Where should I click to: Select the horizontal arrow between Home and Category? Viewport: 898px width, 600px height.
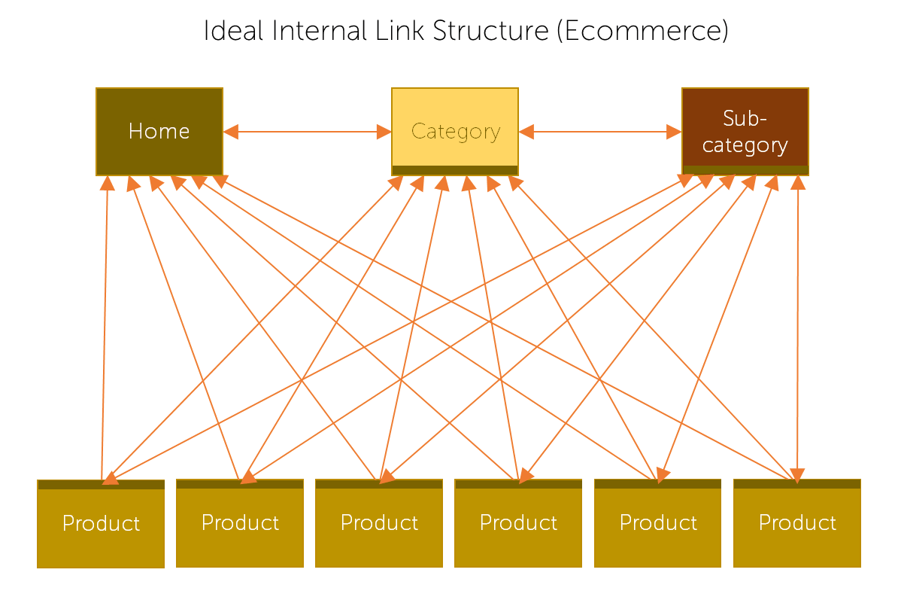pos(307,132)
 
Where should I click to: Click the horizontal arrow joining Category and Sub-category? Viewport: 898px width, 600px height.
pos(599,132)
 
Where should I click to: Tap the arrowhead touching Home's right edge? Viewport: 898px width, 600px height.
pos(231,132)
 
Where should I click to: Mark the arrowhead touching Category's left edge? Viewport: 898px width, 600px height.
pos(384,132)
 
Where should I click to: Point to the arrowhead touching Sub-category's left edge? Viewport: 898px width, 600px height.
pos(674,132)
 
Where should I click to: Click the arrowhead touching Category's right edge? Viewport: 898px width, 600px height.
pos(526,132)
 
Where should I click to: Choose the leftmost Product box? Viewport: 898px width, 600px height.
pos(101,524)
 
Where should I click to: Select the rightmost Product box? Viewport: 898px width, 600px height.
pos(797,523)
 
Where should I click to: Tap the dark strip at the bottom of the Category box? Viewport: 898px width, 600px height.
pos(455,170)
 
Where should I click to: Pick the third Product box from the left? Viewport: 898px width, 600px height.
pos(379,523)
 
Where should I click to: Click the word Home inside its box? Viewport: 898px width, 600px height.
pos(159,132)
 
